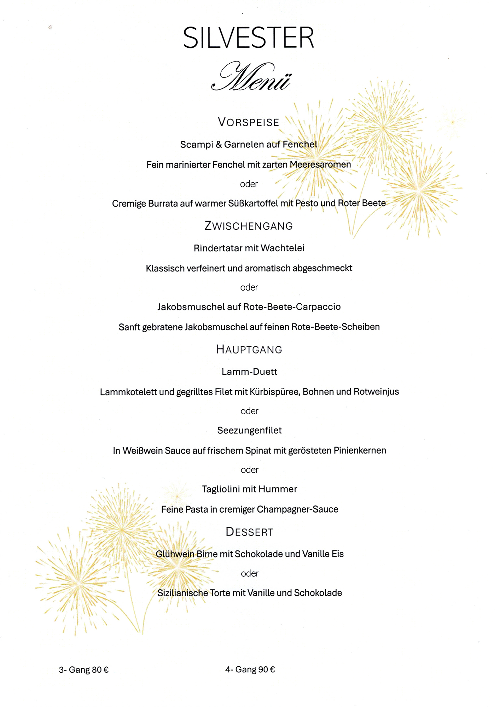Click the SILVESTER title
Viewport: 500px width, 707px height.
pyautogui.click(x=249, y=38)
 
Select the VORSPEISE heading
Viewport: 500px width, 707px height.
pyautogui.click(x=249, y=122)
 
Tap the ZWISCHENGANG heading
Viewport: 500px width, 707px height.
pyautogui.click(x=249, y=226)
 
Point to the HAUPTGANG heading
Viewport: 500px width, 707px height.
pyautogui.click(x=249, y=350)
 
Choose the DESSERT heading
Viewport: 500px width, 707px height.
pyautogui.click(x=249, y=532)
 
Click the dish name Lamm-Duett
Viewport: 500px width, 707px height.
pyautogui.click(x=249, y=372)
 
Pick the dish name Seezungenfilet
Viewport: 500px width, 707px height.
pyautogui.click(x=249, y=431)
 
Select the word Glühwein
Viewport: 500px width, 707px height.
pyautogui.click(x=175, y=554)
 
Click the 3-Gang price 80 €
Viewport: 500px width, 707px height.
pyautogui.click(x=100, y=670)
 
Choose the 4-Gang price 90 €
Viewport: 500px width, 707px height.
pyautogui.click(x=267, y=670)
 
